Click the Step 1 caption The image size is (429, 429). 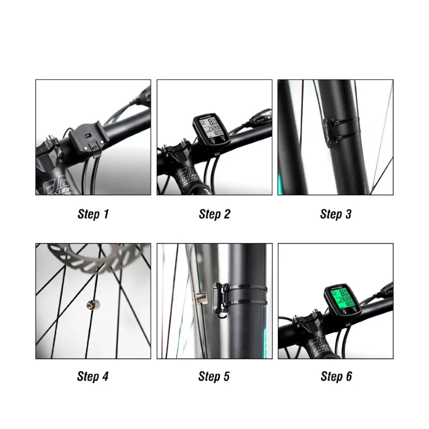tap(93, 214)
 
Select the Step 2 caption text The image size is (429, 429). tap(214, 214)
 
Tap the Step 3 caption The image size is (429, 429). tap(336, 214)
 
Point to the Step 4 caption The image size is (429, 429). tap(93, 376)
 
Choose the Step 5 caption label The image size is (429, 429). tap(214, 376)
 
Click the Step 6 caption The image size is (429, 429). tap(336, 376)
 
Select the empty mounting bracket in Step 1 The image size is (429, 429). tap(85, 139)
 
